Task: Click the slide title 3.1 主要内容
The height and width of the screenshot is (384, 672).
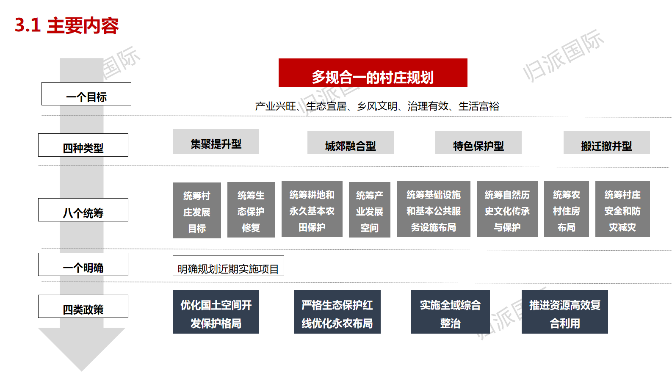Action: pyautogui.click(x=66, y=25)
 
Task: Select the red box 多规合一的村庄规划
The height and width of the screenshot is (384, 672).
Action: pyautogui.click(x=373, y=73)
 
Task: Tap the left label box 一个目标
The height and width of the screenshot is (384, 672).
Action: pyautogui.click(x=86, y=94)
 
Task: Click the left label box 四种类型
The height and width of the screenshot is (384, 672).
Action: pyautogui.click(x=83, y=145)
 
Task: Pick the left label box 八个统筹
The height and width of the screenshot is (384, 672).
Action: pyautogui.click(x=83, y=210)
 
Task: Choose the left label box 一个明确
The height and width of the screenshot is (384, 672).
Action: pyautogui.click(x=83, y=265)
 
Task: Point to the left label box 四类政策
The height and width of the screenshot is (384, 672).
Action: pyautogui.click(x=83, y=307)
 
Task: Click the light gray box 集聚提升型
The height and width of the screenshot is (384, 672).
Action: pyautogui.click(x=216, y=142)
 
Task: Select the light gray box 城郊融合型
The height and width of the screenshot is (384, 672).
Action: pyautogui.click(x=350, y=143)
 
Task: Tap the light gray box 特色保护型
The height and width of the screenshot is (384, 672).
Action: pyautogui.click(x=478, y=143)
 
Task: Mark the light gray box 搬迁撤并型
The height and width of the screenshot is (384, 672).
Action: pyautogui.click(x=606, y=143)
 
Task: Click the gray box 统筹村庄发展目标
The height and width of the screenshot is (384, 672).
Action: pyautogui.click(x=196, y=210)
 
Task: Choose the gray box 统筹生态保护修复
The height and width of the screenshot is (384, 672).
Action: pyautogui.click(x=251, y=210)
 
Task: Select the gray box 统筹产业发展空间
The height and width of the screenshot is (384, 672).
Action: pyautogui.click(x=369, y=210)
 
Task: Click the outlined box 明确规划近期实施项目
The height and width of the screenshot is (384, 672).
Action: pyautogui.click(x=228, y=266)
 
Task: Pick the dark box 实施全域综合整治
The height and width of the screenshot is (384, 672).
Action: pyautogui.click(x=450, y=312)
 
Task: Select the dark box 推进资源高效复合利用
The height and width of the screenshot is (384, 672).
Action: pyautogui.click(x=564, y=312)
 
